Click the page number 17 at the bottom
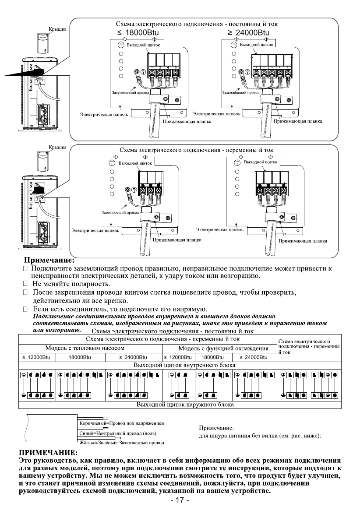180,513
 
